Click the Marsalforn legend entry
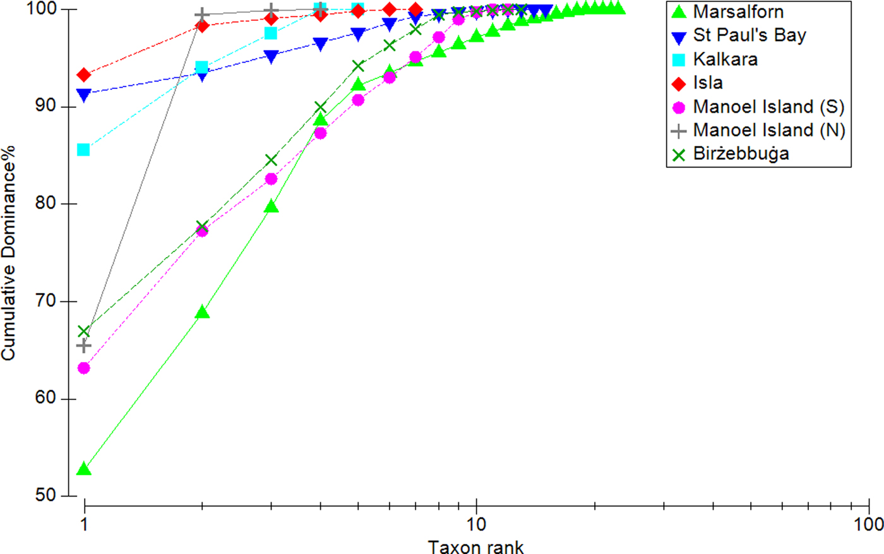click(x=738, y=12)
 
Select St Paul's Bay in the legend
click(x=749, y=35)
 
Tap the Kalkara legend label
click(x=725, y=59)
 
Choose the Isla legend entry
click(x=707, y=83)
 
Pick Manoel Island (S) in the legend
click(x=768, y=107)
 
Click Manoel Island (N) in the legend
click(x=768, y=130)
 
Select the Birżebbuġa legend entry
click(x=741, y=154)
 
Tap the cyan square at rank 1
click(x=83, y=150)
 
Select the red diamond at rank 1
click(x=83, y=76)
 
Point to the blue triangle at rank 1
click(x=83, y=95)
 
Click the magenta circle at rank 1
click(x=83, y=368)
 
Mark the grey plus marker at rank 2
click(x=201, y=15)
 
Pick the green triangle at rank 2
click(x=201, y=312)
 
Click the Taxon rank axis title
click(x=475, y=546)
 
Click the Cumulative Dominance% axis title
click(x=9, y=253)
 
